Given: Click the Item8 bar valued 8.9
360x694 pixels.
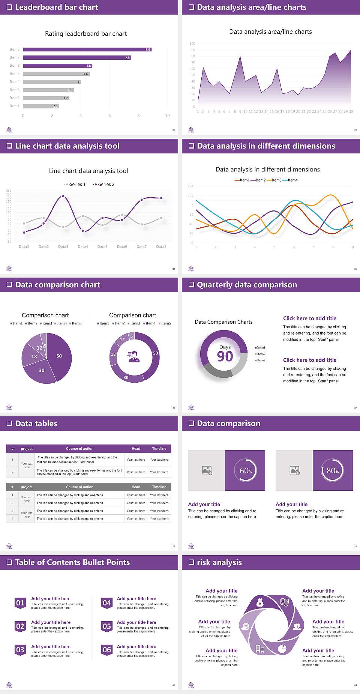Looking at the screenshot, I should [87, 50].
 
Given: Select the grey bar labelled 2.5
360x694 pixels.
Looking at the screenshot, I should [41, 106].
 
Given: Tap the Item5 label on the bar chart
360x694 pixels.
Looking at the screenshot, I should [15, 74].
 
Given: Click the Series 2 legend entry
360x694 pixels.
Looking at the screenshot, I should [104, 184].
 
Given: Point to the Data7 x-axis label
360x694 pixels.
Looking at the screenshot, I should [141, 246].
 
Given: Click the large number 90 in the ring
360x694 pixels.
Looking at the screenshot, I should [225, 356].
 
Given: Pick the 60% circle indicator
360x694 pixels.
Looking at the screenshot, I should [245, 470].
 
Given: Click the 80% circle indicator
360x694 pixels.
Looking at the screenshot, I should [333, 470].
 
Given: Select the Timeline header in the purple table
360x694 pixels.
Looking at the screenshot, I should [159, 449].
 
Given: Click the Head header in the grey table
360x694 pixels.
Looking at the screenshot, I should [136, 487].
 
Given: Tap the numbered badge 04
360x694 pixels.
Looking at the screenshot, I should [107, 603].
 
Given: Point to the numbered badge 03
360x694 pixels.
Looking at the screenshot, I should [20, 650].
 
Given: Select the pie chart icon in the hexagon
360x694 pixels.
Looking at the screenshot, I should [282, 648].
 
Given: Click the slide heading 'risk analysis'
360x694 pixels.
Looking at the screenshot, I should [219, 562].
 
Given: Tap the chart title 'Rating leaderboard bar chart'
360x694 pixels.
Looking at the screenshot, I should [86, 34].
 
